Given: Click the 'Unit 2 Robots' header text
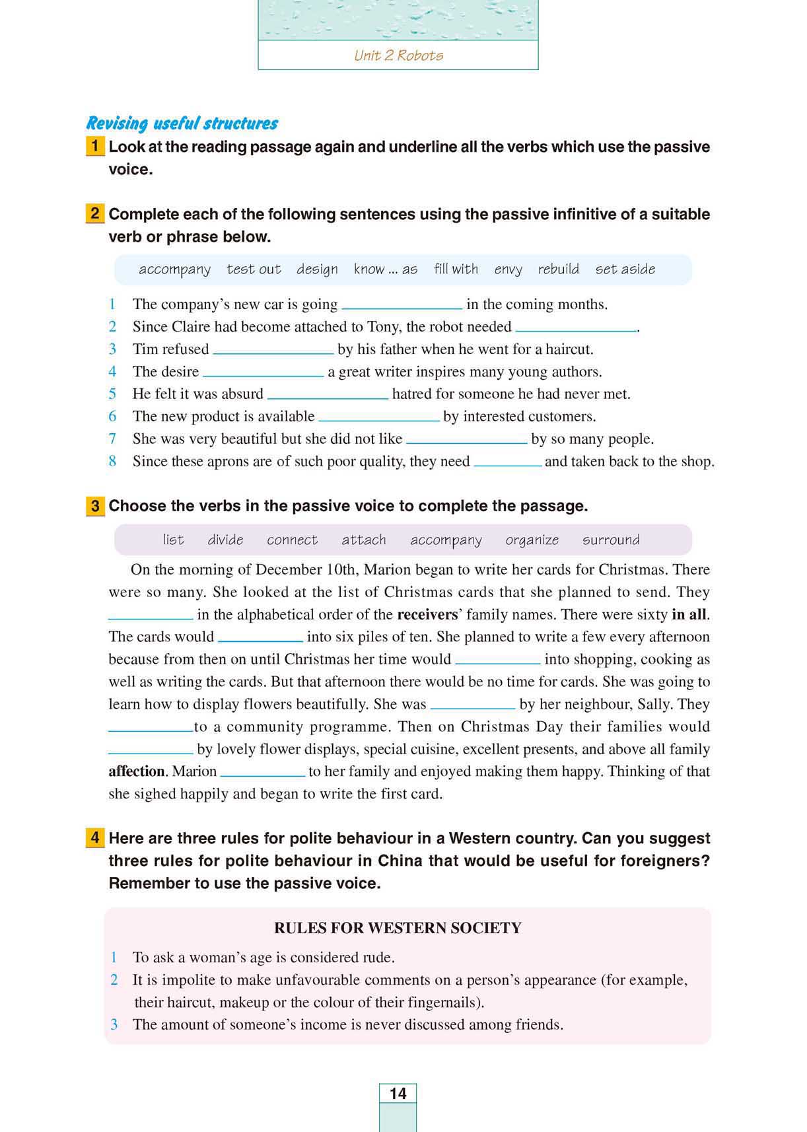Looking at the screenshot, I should (398, 55).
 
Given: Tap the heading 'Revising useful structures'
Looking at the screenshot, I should (182, 124).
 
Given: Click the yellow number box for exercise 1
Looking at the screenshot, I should (95, 146).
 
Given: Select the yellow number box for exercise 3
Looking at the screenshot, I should (95, 506).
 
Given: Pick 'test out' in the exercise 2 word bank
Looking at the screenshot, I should (254, 269).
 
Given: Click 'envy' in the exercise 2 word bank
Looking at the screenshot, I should (508, 269).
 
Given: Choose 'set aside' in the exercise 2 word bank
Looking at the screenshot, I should (625, 269).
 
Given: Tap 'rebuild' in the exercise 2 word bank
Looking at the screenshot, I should (558, 269).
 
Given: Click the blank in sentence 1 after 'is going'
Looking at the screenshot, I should (402, 306).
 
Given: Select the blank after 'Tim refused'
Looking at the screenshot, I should (273, 351).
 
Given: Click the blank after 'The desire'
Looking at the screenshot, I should (263, 373).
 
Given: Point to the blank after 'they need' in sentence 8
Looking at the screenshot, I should (507, 463).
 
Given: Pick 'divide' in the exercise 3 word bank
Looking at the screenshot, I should (225, 540).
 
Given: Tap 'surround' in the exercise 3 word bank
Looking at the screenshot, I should (611, 540).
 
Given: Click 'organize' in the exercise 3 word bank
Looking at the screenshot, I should (532, 540).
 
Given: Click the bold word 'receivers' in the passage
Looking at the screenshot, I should (427, 615).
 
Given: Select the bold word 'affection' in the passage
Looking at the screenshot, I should (136, 771).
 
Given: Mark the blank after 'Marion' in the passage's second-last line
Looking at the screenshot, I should (262, 773).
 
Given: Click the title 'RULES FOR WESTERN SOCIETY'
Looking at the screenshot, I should (398, 928).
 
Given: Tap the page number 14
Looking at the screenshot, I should (398, 1094).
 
